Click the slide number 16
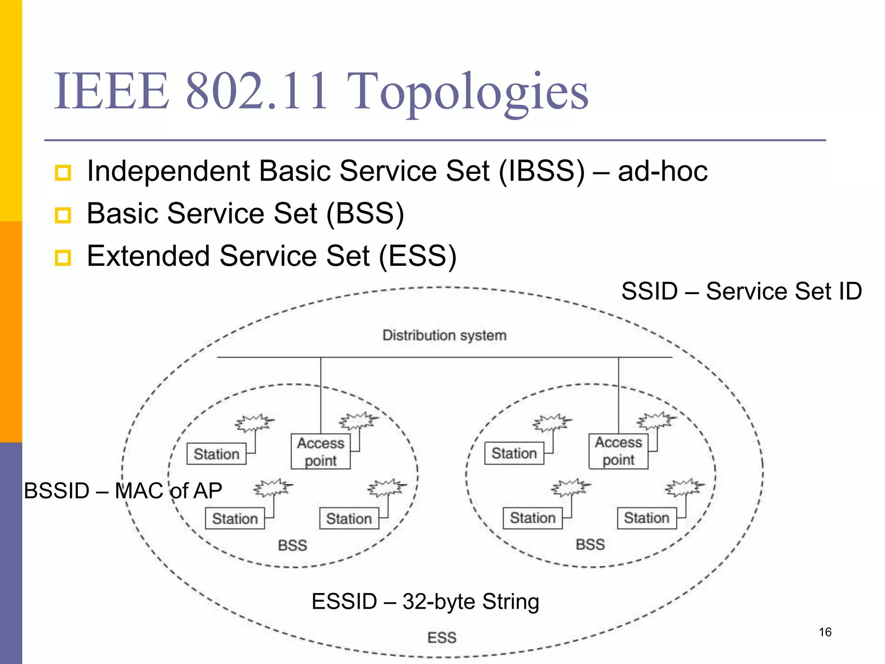pos(825,632)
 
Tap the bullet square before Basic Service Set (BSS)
pos(63,215)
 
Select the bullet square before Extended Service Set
pos(63,258)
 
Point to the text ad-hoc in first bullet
pos(662,171)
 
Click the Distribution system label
pos(444,335)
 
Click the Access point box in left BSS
pos(320,452)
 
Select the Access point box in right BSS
pos(618,451)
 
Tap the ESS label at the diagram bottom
pos(442,638)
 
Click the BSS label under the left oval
pos(293,546)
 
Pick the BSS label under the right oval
pos(590,545)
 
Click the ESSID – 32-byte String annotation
pos(425,601)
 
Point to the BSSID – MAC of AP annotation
pos(123,491)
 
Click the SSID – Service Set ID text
pos(742,291)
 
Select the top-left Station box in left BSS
pos(216,454)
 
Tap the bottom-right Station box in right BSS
pos(647,518)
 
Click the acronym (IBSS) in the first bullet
pos(542,171)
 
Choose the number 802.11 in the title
pos(257,92)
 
